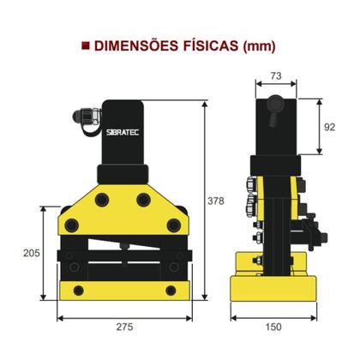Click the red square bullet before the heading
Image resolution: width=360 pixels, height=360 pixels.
[84, 45]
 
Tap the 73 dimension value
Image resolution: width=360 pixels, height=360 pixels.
[276, 77]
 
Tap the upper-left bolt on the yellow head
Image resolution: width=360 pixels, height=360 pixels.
[103, 200]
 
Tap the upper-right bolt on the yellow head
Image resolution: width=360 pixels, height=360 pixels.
[143, 200]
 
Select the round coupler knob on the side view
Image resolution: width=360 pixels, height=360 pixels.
[274, 105]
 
